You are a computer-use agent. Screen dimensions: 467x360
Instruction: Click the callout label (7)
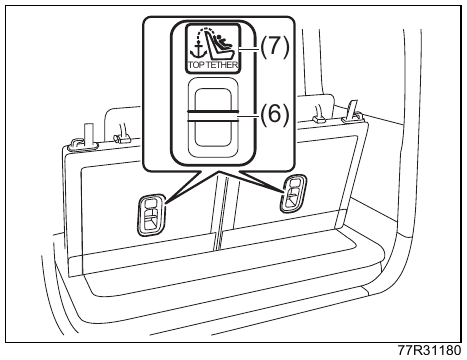pos(274,47)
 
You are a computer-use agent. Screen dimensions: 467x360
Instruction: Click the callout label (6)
pos(274,114)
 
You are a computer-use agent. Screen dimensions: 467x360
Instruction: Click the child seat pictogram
pos(220,45)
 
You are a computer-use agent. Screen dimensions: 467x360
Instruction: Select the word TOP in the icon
pos(197,65)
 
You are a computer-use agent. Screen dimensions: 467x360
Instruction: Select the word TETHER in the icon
pos(222,65)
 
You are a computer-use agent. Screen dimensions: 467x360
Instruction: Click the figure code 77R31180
pos(430,351)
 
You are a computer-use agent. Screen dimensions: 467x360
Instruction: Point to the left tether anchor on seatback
pos(150,214)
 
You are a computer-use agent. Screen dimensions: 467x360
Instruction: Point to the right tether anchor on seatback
pos(293,193)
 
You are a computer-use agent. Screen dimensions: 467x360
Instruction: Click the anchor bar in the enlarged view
pos(213,115)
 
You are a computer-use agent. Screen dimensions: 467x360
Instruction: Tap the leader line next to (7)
pos(249,49)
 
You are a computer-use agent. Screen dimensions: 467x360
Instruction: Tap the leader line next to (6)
pos(249,116)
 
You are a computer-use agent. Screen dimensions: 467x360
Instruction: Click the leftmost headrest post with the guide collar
pos(87,137)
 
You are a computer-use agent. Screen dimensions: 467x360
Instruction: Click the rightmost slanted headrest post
pos(351,111)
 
